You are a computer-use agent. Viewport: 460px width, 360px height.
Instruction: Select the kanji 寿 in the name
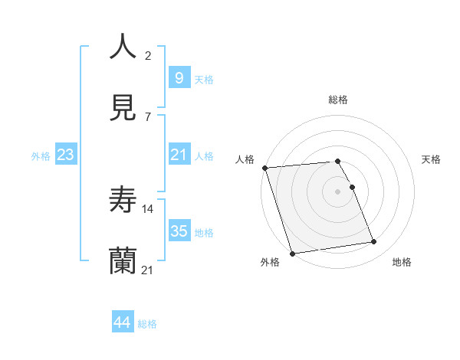[123, 199]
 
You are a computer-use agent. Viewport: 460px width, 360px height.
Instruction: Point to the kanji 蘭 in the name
[123, 261]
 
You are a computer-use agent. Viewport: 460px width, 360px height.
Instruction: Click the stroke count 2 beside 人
[148, 55]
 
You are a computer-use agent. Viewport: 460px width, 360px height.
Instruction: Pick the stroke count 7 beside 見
[148, 116]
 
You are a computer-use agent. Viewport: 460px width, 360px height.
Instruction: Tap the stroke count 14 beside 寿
[148, 208]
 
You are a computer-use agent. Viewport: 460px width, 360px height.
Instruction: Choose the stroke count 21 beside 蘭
[148, 270]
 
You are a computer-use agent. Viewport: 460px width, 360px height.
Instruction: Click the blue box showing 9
[179, 77]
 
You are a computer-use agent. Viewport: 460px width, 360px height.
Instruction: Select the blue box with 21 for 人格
[179, 155]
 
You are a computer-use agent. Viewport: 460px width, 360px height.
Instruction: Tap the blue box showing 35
[179, 231]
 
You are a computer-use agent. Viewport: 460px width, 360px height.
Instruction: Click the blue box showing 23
[66, 155]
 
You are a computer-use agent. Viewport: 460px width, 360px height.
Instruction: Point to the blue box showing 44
[122, 322]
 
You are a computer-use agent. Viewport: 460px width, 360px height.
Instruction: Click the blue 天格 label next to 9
[204, 79]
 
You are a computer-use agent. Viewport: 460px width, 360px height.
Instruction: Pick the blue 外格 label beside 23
[41, 156]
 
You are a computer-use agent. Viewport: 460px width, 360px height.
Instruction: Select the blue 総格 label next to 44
[147, 324]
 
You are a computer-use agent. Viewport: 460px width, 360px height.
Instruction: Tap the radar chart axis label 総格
[337, 100]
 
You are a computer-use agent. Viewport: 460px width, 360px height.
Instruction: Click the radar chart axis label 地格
[402, 262]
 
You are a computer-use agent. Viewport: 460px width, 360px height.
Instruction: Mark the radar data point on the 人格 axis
[264, 168]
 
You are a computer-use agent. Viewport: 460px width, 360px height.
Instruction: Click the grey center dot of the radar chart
[337, 191]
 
